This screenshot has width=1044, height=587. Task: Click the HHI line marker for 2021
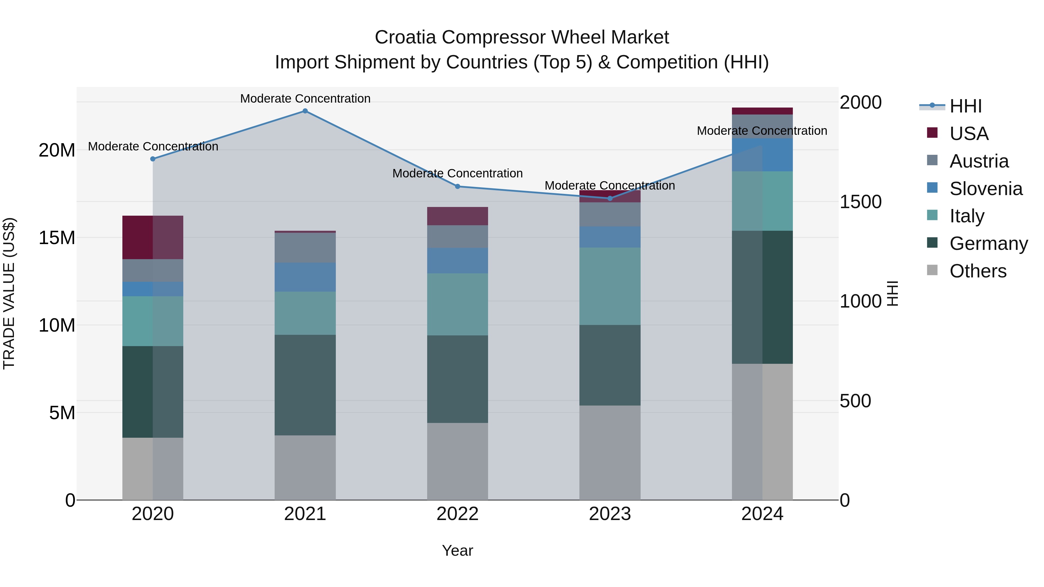coord(305,111)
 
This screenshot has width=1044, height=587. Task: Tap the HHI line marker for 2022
coord(458,186)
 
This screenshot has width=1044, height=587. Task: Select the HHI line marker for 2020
coord(153,159)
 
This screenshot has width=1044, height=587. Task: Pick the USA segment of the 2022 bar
coord(458,216)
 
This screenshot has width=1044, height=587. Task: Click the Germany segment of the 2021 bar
coord(305,385)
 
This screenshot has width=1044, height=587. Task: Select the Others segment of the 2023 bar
coord(610,452)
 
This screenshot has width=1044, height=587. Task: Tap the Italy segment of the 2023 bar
coord(610,286)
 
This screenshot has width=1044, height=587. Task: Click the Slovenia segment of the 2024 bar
coord(762,155)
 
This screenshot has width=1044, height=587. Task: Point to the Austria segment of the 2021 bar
coord(305,248)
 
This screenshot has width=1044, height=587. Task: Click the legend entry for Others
coord(978,271)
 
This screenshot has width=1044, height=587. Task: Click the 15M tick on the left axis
coord(57,238)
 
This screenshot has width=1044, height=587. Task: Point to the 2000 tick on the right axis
coord(860,103)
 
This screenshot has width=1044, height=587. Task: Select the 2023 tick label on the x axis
coord(610,514)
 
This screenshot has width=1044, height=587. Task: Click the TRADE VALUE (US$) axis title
coord(9,293)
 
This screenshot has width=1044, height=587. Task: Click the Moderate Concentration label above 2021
coord(305,99)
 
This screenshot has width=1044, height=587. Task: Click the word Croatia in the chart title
coord(405,37)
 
